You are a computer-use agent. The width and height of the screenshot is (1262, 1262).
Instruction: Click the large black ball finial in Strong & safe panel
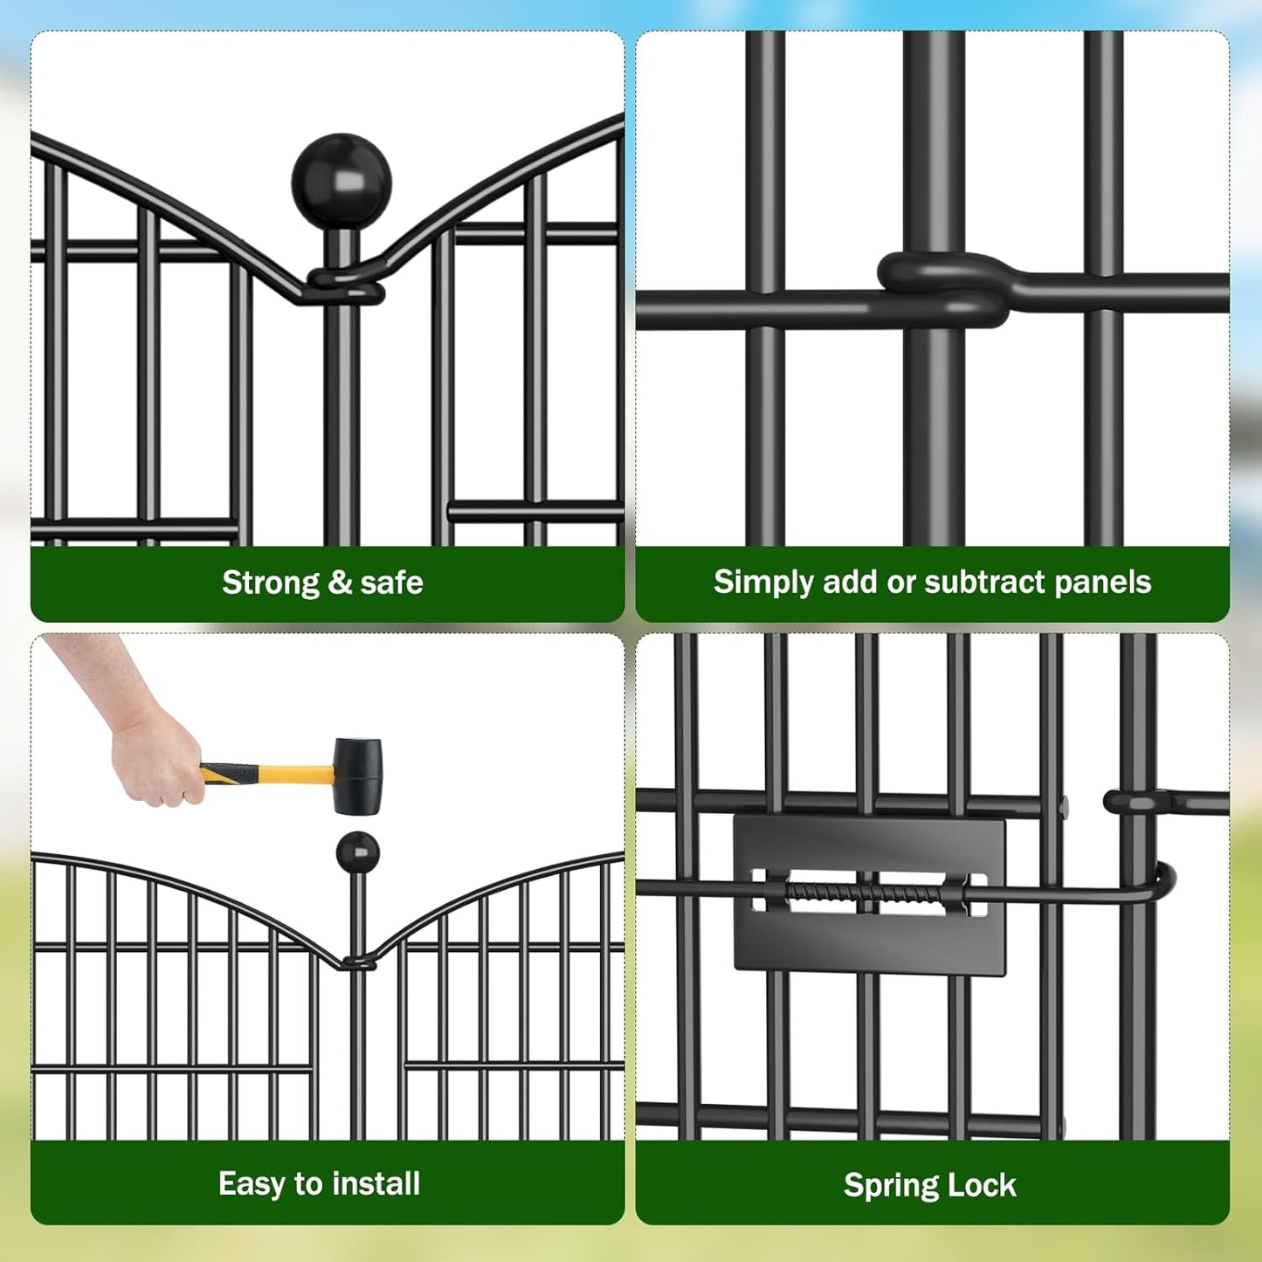click(341, 182)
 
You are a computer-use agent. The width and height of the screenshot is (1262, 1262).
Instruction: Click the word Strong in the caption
click(271, 583)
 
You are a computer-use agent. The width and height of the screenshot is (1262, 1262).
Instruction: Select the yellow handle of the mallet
click(279, 775)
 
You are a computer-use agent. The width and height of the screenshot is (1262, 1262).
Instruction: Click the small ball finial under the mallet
click(357, 852)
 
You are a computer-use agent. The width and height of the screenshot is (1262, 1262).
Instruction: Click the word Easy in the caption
click(252, 1184)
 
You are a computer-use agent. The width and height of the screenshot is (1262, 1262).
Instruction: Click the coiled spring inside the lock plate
click(865, 893)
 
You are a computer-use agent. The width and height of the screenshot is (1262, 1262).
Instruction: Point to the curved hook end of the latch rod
click(1165, 882)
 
